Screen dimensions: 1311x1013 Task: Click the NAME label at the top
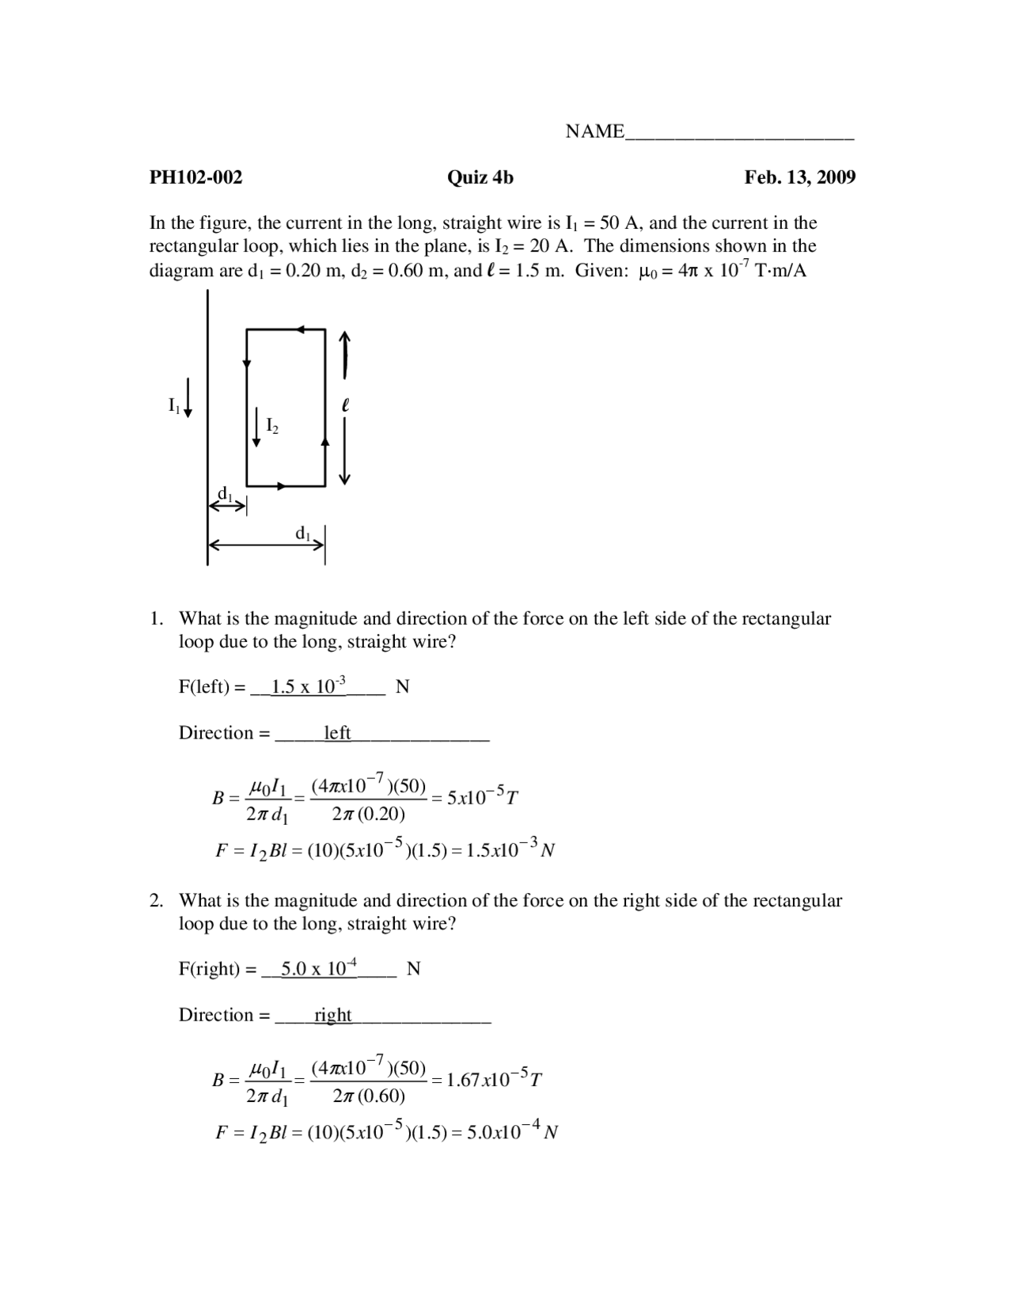pyautogui.click(x=594, y=131)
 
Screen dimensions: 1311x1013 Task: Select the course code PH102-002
pyautogui.click(x=195, y=177)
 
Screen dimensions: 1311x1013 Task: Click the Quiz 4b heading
pyautogui.click(x=480, y=177)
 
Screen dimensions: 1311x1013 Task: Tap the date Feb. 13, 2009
pyautogui.click(x=799, y=177)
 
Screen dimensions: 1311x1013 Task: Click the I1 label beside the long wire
pyautogui.click(x=174, y=405)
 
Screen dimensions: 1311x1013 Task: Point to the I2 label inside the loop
pyautogui.click(x=271, y=426)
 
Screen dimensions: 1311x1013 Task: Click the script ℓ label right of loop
pyautogui.click(x=345, y=405)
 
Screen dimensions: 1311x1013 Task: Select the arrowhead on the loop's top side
pyautogui.click(x=301, y=329)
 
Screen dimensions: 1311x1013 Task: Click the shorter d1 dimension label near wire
pyautogui.click(x=226, y=495)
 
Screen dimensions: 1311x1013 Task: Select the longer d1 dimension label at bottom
pyautogui.click(x=302, y=534)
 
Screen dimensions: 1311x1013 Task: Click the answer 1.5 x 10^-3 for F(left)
pyautogui.click(x=309, y=686)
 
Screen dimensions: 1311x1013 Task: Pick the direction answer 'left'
pyautogui.click(x=337, y=733)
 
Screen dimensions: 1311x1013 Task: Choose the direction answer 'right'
pyautogui.click(x=332, y=1015)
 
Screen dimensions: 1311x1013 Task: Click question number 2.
pyautogui.click(x=157, y=901)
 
